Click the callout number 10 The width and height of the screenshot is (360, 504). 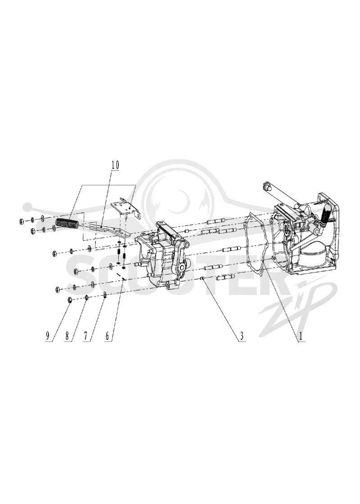pos(115,165)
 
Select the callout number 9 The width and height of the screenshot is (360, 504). pos(47,336)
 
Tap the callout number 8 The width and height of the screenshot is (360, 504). pos(67,336)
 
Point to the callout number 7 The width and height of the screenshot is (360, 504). pos(86,336)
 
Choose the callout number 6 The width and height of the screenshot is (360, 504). pos(108,336)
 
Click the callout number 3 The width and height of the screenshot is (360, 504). pos(241,336)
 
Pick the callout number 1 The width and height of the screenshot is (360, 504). pos(301,336)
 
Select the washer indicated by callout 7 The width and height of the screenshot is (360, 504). pos(105,295)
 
